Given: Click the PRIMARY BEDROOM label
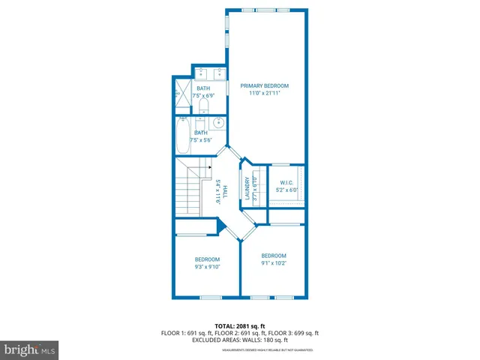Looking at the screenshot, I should [x=264, y=86].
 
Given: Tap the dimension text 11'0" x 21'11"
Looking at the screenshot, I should [x=264, y=94].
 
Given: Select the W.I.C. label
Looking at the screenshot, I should [x=286, y=183].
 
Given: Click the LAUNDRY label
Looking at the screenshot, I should [x=247, y=189].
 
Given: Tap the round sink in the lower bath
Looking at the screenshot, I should [x=219, y=124].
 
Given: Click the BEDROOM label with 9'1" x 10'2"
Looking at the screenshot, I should [x=274, y=256].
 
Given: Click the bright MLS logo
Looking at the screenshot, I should [x=30, y=349].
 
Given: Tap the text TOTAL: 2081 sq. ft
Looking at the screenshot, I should [x=239, y=325].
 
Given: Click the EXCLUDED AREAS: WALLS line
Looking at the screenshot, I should [x=239, y=340].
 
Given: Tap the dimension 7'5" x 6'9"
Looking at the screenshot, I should [x=203, y=96].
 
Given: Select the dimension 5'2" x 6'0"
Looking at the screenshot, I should [x=286, y=190].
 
